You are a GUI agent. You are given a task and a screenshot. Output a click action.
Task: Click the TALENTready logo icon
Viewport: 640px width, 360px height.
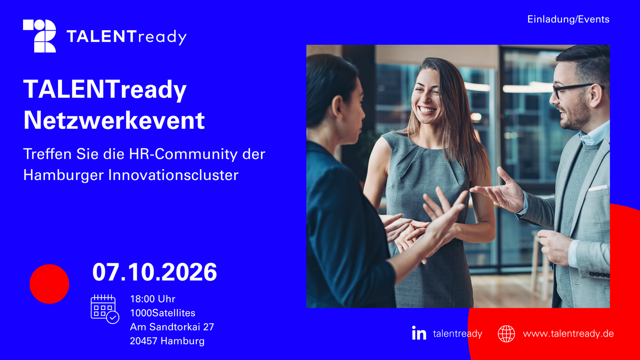[40, 36]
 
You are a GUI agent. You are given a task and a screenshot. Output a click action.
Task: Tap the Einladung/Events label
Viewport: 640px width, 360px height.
[568, 19]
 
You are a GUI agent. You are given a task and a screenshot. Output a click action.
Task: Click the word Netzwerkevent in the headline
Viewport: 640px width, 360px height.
[114, 120]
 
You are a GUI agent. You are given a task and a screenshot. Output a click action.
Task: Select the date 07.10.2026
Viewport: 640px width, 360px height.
[154, 272]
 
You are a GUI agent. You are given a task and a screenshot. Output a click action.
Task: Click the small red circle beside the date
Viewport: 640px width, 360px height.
[50, 283]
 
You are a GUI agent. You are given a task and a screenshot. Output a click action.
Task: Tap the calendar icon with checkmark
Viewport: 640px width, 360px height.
[105, 309]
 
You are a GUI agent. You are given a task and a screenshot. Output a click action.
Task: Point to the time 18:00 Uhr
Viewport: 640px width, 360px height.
[153, 299]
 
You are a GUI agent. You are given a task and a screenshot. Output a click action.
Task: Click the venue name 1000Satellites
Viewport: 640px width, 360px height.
[162, 313]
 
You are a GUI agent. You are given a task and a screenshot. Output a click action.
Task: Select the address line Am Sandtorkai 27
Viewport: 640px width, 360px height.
[172, 327]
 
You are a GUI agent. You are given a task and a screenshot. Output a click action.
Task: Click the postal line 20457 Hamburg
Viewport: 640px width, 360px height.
[167, 341]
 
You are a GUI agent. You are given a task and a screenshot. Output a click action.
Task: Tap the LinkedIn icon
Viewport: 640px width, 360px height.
[419, 333]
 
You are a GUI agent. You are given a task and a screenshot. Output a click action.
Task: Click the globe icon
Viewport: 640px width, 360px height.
[506, 333]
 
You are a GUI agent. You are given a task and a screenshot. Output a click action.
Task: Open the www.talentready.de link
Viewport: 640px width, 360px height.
[568, 334]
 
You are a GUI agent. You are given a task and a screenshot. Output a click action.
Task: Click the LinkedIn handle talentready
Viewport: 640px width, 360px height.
[457, 334]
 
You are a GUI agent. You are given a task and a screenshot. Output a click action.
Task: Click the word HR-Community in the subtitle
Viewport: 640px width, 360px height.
[183, 154]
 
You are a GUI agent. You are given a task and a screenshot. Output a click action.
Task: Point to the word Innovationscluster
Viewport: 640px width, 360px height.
[173, 175]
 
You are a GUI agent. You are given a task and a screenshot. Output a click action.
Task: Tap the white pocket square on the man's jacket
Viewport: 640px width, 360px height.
[598, 188]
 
